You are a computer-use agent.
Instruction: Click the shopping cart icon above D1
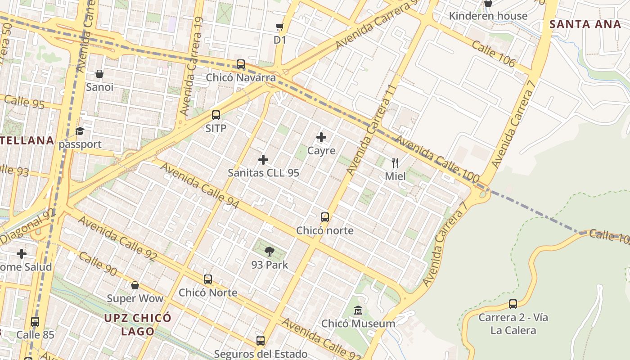pyautogui.click(x=279, y=27)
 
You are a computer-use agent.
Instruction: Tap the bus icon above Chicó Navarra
pyautogui.click(x=241, y=64)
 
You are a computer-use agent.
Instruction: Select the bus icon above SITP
pyautogui.click(x=216, y=115)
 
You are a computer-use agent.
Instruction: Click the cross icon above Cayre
pyautogui.click(x=321, y=137)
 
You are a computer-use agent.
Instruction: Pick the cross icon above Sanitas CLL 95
pyautogui.click(x=263, y=160)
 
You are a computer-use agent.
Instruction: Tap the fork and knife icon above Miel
pyautogui.click(x=395, y=162)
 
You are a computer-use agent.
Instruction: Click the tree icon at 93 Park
pyautogui.click(x=270, y=252)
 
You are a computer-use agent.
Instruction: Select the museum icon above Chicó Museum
pyautogui.click(x=358, y=310)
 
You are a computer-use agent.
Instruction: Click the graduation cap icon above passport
pyautogui.click(x=80, y=131)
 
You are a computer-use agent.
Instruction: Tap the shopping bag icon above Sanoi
pyautogui.click(x=99, y=74)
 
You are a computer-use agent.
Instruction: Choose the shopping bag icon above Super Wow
pyautogui.click(x=135, y=285)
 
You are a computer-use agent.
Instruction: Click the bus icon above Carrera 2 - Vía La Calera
pyautogui.click(x=513, y=304)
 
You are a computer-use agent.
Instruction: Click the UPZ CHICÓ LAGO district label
pyautogui.click(x=138, y=324)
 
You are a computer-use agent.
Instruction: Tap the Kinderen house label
pyautogui.click(x=488, y=16)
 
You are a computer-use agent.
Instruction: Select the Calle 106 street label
pyautogui.click(x=494, y=54)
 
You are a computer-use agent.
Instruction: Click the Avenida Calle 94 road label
pyautogui.click(x=200, y=186)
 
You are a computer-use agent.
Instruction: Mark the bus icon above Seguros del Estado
pyautogui.click(x=261, y=341)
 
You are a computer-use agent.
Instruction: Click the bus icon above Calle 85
pyautogui.click(x=35, y=322)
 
